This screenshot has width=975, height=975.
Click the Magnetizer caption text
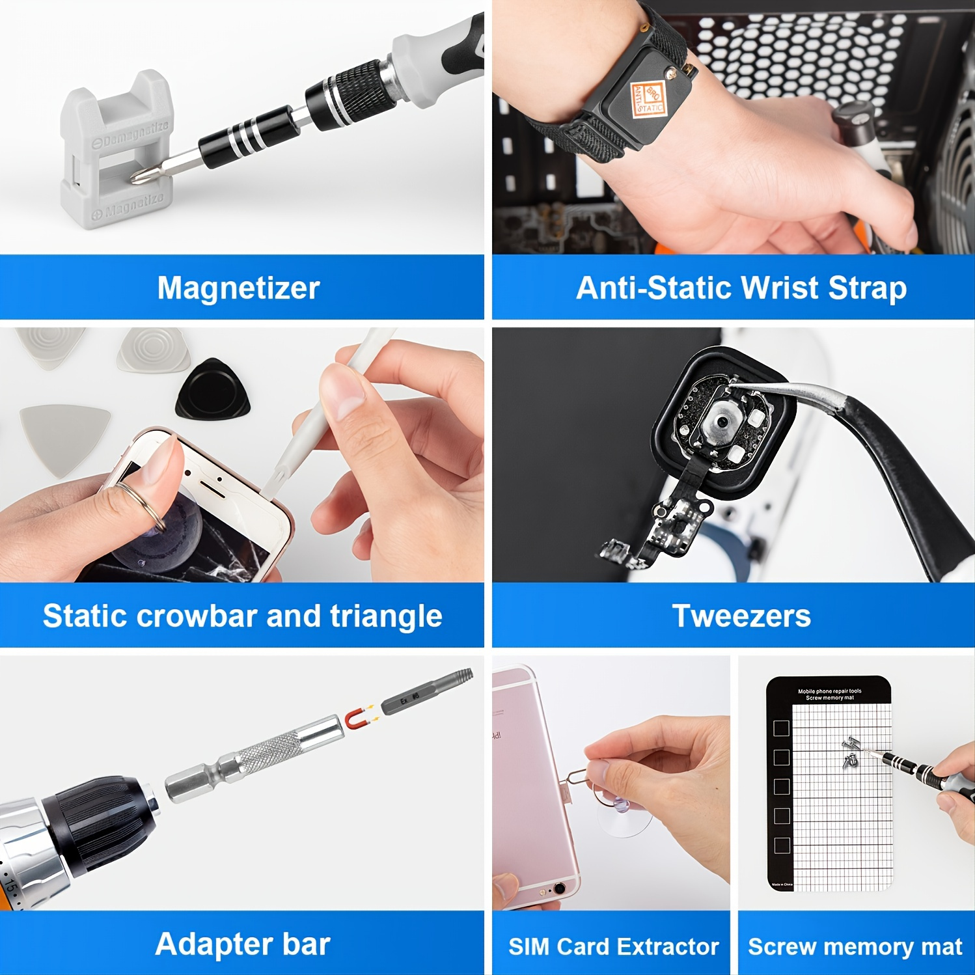click(238, 288)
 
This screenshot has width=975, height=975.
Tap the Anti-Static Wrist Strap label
click(741, 288)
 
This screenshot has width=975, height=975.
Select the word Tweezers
click(741, 616)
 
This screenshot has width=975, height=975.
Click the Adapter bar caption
click(242, 944)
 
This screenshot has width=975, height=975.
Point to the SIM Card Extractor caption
click(613, 946)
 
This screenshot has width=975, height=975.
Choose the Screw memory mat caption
click(855, 946)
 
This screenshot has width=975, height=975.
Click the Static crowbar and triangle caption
click(242, 616)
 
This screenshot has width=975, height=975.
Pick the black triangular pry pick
click(212, 389)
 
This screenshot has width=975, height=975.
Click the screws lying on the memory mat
click(849, 752)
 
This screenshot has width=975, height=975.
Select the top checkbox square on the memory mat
click(781, 728)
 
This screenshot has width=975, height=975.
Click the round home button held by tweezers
click(721, 422)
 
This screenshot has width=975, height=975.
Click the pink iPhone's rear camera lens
click(559, 888)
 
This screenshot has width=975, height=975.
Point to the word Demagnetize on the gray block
click(133, 133)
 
